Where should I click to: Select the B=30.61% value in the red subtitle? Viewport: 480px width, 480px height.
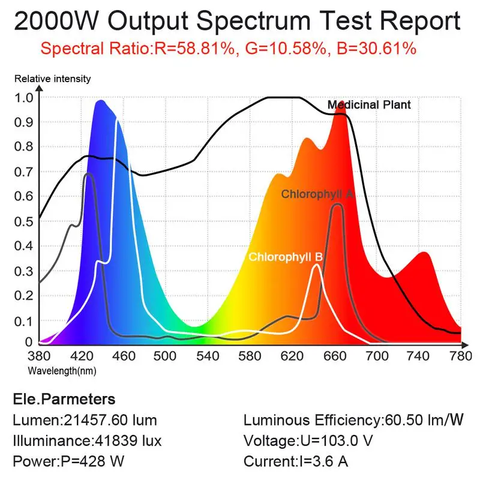coord(373,49)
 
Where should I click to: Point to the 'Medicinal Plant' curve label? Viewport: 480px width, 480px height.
coord(369,105)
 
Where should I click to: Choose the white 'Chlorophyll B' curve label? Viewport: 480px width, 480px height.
coord(286,257)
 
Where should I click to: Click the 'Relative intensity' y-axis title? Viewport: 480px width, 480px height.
coord(53,79)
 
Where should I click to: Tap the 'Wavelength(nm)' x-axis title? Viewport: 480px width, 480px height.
coord(62,370)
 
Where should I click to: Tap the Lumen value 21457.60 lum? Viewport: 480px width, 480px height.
coord(116,421)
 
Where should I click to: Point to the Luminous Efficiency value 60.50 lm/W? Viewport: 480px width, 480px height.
coord(422,421)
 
